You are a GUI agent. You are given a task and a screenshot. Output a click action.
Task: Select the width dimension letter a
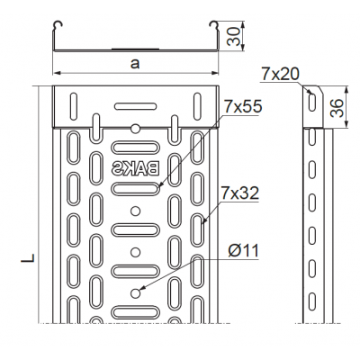tap(134, 63)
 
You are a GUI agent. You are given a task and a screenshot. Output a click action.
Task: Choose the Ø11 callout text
tap(242, 251)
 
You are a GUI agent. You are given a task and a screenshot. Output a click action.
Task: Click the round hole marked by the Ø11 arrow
tap(135, 293)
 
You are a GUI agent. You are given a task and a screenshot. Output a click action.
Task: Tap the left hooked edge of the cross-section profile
tap(57, 23)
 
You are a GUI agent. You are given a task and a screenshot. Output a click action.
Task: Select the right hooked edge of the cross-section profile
tap(214, 23)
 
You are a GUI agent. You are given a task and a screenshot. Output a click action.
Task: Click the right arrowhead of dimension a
tap(217, 74)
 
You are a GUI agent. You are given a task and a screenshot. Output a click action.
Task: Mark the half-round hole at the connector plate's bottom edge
tap(135, 125)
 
